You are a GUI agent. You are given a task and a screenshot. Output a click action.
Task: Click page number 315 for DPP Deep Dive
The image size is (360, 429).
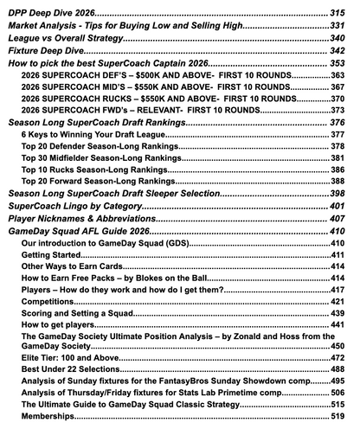click(340, 15)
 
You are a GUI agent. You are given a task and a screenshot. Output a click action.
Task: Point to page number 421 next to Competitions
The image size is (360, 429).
click(341, 304)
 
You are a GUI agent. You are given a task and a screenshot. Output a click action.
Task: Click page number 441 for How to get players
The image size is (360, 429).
click(341, 329)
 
